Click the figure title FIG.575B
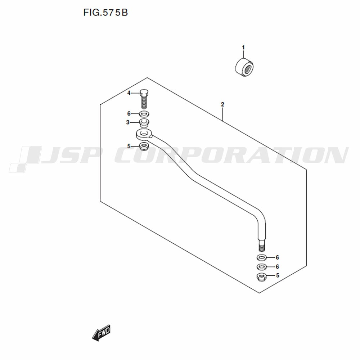[105, 12]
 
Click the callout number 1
[243, 48]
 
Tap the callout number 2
[222, 104]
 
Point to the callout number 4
[129, 93]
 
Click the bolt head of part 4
[144, 93]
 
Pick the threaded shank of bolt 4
[144, 102]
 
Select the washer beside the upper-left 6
[144, 113]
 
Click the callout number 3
[128, 122]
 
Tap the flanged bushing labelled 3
[144, 123]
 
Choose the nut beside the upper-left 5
[144, 146]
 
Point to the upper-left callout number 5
[129, 146]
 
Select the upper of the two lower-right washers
[261, 258]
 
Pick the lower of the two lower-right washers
[261, 267]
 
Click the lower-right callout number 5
[278, 275]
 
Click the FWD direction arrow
[101, 333]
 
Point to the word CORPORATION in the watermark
[231, 156]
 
